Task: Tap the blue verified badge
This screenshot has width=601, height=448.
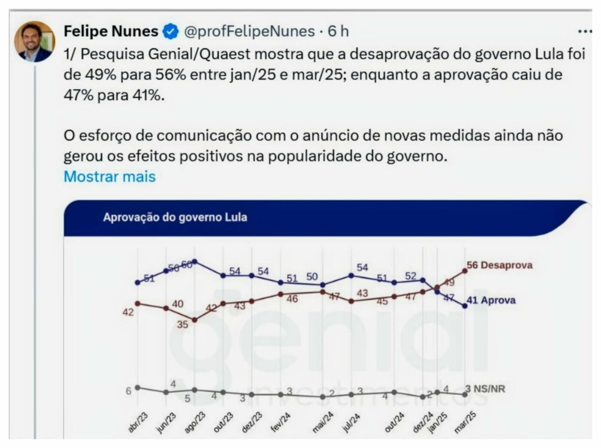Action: (170, 31)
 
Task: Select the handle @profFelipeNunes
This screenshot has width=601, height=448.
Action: (249, 31)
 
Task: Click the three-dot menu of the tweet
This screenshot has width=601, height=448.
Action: (584, 31)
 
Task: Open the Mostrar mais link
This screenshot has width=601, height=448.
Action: (109, 176)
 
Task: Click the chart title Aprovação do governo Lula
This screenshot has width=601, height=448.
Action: (175, 217)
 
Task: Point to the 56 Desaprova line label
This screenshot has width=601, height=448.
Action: (500, 265)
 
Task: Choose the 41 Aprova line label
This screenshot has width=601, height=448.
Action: (491, 300)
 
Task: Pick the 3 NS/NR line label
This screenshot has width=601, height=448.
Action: (486, 389)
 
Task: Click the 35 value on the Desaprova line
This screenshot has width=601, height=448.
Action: (182, 324)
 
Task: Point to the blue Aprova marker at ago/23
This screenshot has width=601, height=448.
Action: (194, 261)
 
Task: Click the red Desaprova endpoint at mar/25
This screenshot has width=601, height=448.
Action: (464, 270)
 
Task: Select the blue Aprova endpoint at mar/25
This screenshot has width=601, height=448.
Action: (464, 306)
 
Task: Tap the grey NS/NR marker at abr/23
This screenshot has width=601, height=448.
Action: (137, 387)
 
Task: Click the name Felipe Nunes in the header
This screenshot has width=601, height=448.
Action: (111, 31)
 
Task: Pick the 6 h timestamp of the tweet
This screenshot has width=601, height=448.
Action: (338, 31)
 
